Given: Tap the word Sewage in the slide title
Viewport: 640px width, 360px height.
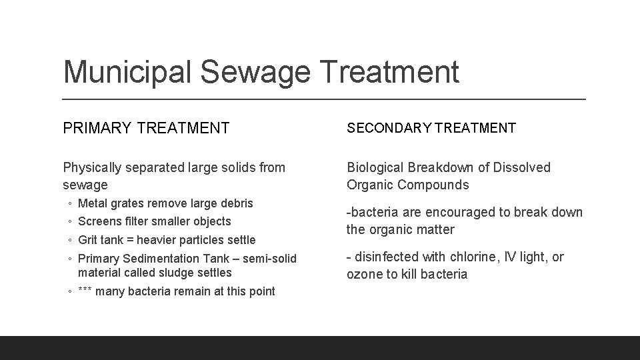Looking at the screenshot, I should (235, 72).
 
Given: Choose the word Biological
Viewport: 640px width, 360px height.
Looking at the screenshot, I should (375, 167).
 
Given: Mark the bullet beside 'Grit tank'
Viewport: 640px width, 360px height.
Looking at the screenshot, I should (69, 240).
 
